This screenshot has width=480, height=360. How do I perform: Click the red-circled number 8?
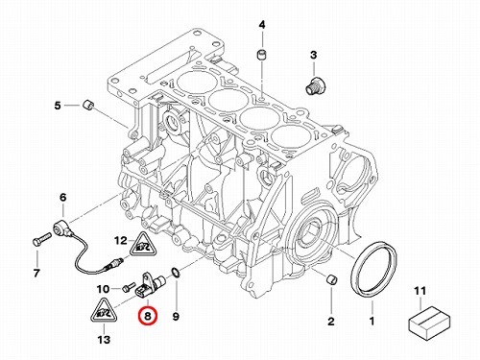tap(148, 316)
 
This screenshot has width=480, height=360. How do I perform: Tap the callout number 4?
tap(262, 25)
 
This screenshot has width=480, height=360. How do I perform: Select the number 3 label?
tap(314, 55)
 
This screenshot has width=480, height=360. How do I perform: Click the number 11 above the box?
tap(420, 291)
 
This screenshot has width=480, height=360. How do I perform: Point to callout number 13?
tap(104, 340)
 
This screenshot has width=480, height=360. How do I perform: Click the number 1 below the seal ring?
tap(372, 321)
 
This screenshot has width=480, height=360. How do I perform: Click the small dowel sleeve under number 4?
tap(262, 55)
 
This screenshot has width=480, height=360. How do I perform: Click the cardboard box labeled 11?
tap(430, 323)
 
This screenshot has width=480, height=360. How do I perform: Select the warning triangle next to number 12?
tap(142, 245)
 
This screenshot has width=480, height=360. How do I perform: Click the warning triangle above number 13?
tap(104, 310)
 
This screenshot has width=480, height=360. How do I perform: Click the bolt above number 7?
tap(41, 239)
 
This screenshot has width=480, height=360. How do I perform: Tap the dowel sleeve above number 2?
tap(331, 279)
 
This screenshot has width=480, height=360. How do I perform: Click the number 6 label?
tap(63, 198)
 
